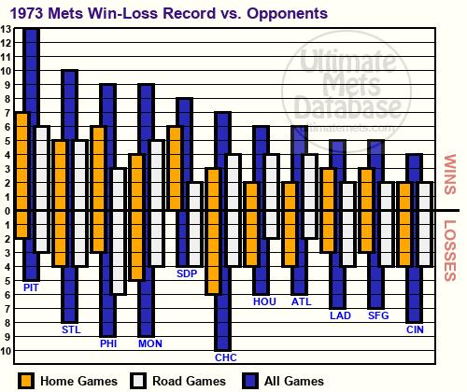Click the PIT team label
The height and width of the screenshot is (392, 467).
click(x=31, y=287)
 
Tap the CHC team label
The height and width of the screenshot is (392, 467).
click(x=226, y=357)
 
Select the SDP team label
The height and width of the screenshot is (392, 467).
click(x=187, y=273)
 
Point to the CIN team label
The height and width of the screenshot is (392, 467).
click(x=415, y=329)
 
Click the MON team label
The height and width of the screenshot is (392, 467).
click(x=150, y=343)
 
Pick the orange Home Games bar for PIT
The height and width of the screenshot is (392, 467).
click(x=21, y=175)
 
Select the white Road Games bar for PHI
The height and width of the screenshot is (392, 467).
click(x=119, y=231)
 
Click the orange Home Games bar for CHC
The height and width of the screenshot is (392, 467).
click(x=214, y=231)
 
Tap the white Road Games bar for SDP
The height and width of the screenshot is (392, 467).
click(x=195, y=224)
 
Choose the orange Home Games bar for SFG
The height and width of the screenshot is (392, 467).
click(x=367, y=210)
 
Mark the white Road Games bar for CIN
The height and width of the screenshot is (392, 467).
click(x=425, y=224)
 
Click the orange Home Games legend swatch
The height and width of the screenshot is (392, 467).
click(x=26, y=381)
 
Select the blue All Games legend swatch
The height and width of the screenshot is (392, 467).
click(x=250, y=381)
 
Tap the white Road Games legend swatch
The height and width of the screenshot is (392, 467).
click(x=138, y=381)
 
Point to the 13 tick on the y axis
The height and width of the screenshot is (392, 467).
click(x=6, y=29)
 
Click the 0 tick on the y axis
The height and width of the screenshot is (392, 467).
click(x=7, y=211)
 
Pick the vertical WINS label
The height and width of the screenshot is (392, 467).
click(x=450, y=175)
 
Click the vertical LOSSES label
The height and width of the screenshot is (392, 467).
click(x=450, y=251)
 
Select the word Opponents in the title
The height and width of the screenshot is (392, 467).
click(x=288, y=14)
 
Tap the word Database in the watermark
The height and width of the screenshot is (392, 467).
click(x=348, y=107)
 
